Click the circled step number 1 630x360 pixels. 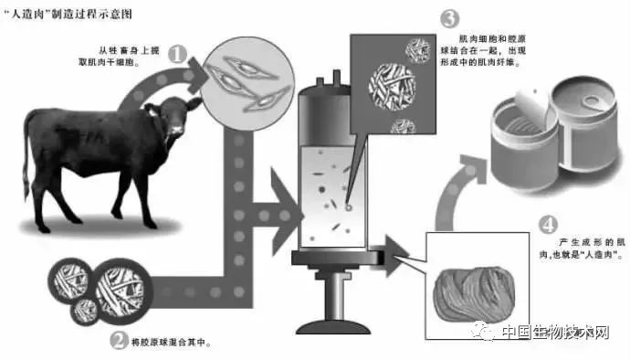click(178, 54)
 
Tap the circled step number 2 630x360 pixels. click(120, 342)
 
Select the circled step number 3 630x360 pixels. click(449, 18)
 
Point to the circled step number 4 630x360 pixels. click(548, 225)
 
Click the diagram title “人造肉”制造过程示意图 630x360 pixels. click(68, 15)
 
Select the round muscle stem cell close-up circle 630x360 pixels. click(247, 83)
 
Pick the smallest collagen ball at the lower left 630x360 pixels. click(86, 311)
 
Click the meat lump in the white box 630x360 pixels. click(474, 295)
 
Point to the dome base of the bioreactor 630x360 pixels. click(333, 327)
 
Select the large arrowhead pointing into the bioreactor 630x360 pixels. click(287, 212)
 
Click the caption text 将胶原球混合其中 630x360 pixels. click(172, 343)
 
